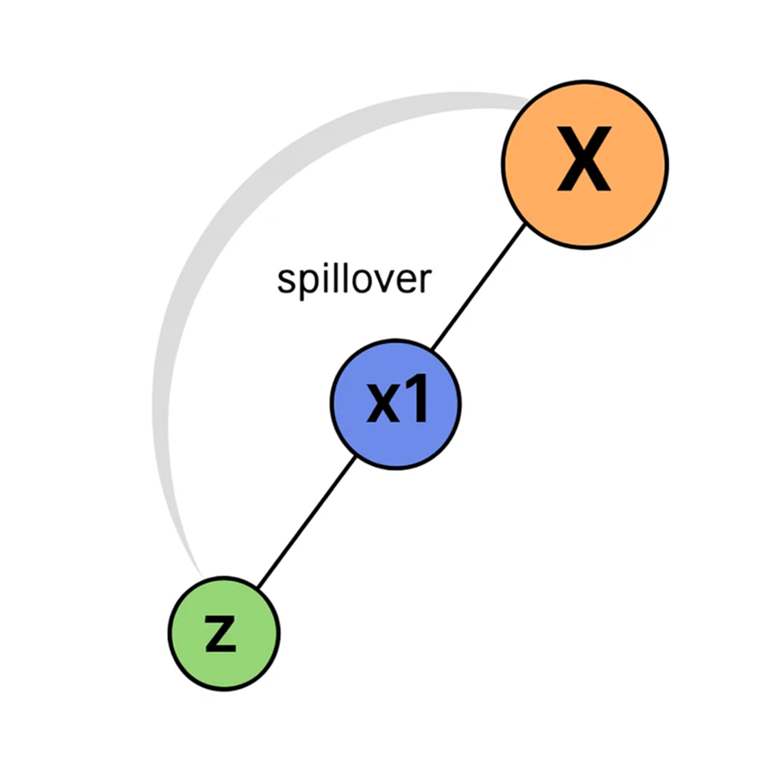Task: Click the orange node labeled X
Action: point(584,164)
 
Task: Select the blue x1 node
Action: point(396,404)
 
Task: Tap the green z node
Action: point(224,633)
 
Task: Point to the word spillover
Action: point(353,279)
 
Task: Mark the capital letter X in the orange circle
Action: point(584,164)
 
